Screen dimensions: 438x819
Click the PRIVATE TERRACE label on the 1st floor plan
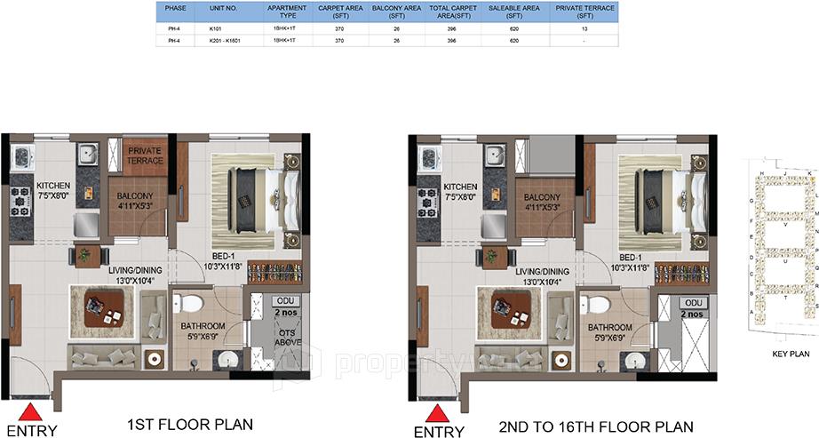[145, 155]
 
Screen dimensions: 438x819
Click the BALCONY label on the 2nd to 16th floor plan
[540, 196]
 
